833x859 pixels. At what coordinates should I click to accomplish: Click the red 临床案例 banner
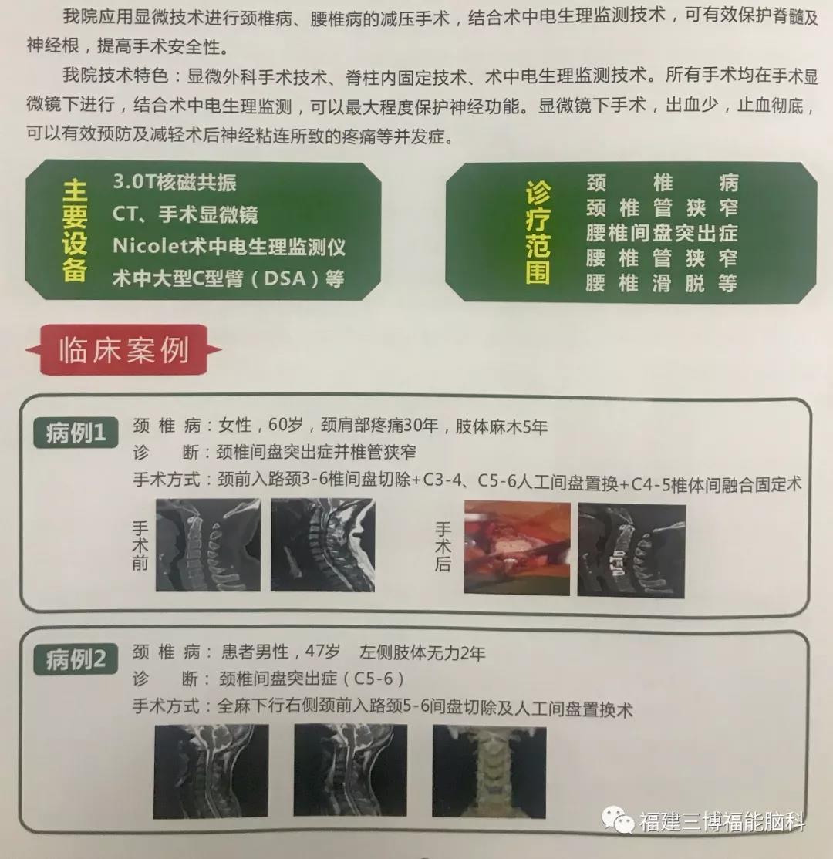[x=123, y=350]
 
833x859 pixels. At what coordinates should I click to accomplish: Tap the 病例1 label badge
[x=76, y=433]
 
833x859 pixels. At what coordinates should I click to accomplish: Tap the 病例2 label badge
[x=76, y=659]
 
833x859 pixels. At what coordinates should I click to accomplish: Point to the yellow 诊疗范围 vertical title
[x=538, y=232]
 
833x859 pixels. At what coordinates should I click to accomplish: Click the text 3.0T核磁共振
[x=174, y=182]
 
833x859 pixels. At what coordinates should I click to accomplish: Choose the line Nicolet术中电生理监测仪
[x=229, y=247]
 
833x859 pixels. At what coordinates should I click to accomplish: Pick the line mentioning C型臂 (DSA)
[x=228, y=278]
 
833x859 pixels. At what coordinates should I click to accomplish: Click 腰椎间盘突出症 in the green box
[x=662, y=233]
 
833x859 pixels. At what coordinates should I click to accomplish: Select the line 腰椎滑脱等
[x=662, y=283]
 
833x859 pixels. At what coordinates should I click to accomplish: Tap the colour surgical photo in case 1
[x=517, y=547]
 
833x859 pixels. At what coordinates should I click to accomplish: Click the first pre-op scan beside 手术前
[x=208, y=544]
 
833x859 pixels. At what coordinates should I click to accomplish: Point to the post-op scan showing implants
[x=632, y=551]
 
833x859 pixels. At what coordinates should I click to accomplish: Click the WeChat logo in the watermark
[x=617, y=820]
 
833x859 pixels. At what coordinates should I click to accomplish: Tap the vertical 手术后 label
[x=443, y=547]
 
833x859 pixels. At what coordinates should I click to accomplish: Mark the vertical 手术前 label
[x=140, y=546]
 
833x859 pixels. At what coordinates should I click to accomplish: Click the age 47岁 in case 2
[x=322, y=652]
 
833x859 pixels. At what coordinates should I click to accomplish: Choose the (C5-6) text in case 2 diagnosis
[x=374, y=679]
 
